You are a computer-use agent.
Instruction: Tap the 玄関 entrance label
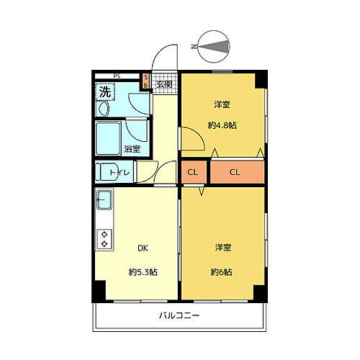tap(164, 84)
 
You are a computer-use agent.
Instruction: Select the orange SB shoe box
tap(145, 80)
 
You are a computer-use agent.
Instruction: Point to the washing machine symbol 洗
tap(105, 91)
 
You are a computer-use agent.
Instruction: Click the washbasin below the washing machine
tap(103, 109)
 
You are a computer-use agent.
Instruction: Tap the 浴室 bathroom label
tap(132, 149)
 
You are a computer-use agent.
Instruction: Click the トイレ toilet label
tap(120, 173)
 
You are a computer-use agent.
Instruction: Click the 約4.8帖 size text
tap(222, 125)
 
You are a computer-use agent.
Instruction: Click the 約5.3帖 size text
tap(143, 271)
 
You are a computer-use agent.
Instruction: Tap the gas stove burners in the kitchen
tap(104, 238)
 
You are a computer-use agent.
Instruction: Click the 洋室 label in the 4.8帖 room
tap(222, 105)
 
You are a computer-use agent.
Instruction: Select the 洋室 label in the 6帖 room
tap(222, 247)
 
